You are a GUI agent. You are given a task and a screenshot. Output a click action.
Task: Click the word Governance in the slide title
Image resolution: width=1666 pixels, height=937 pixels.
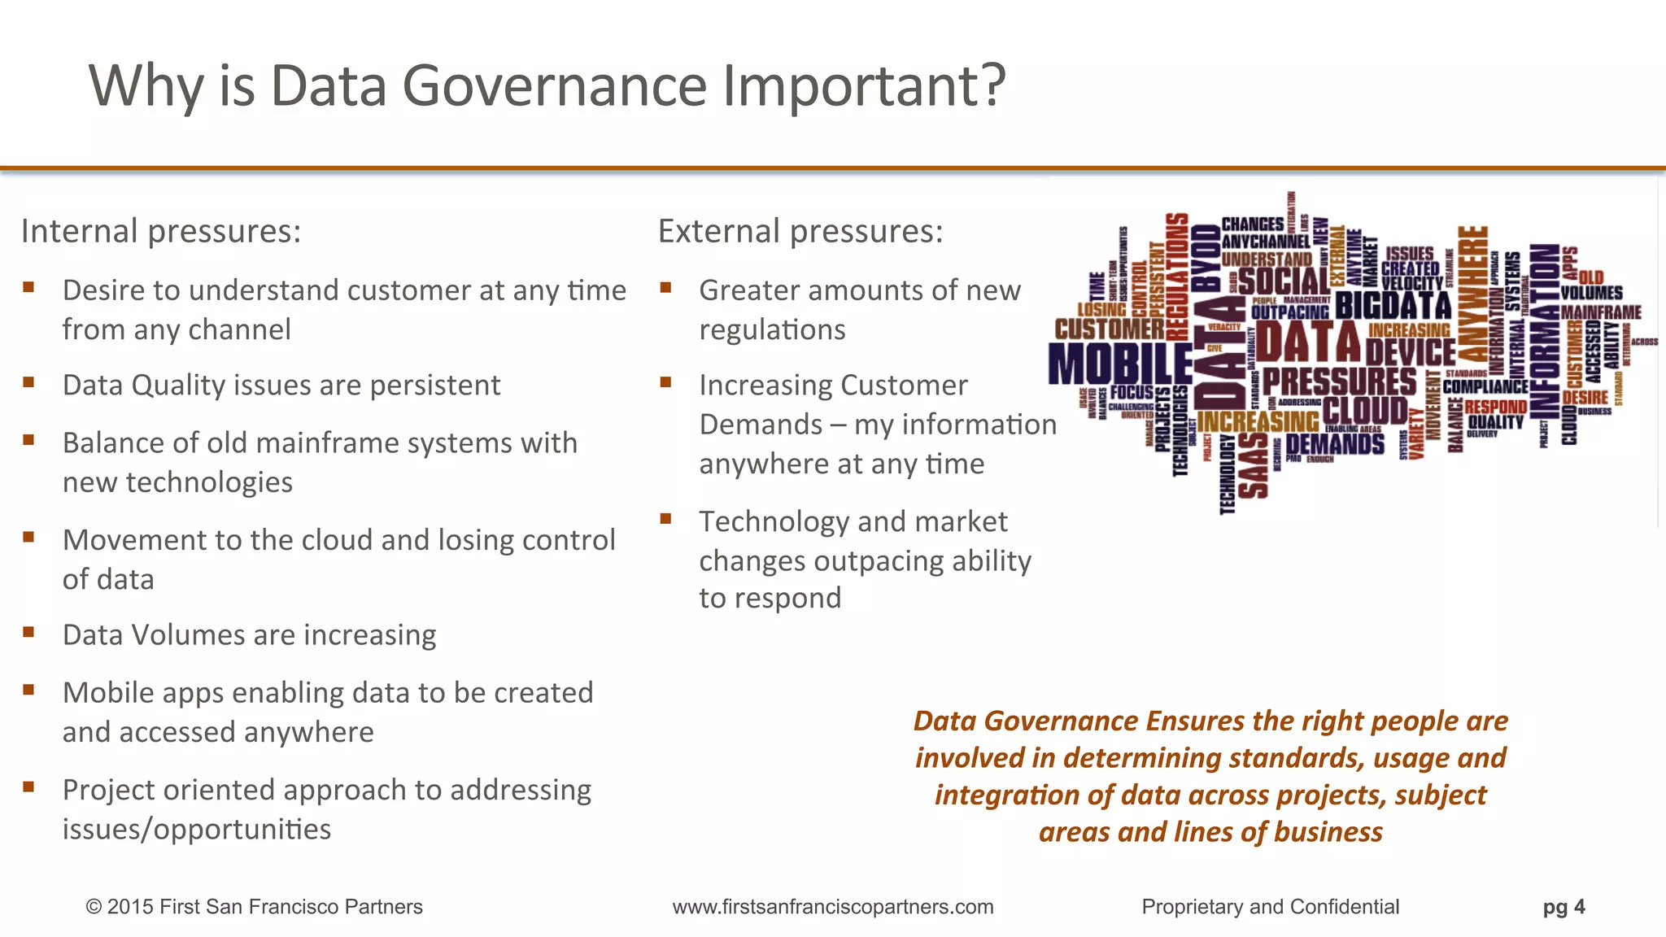coord(554,85)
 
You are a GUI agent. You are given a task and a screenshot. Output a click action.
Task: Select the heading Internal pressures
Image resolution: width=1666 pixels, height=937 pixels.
coord(161,232)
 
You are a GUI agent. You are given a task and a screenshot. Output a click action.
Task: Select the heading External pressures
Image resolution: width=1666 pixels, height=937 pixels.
coord(800,232)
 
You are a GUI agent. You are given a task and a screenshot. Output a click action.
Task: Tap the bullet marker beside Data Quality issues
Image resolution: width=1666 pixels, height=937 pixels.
coord(29,382)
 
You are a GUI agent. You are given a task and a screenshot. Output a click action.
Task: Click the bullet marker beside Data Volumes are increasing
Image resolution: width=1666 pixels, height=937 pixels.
coord(29,632)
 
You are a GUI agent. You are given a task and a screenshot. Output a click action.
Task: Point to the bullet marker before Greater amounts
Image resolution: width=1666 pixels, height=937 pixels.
coord(665,287)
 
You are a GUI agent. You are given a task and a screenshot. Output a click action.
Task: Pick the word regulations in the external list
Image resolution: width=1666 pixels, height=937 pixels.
coord(772,330)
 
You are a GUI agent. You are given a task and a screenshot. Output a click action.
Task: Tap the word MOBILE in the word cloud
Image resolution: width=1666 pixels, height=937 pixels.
coord(1119,364)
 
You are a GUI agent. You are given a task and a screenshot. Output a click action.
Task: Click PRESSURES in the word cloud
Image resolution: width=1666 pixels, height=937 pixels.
coord(1339,381)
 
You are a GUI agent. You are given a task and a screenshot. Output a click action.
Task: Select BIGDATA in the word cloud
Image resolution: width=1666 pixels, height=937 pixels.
coord(1393,306)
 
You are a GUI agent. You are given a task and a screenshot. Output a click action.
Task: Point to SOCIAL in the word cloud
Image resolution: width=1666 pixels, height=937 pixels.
coord(1284,281)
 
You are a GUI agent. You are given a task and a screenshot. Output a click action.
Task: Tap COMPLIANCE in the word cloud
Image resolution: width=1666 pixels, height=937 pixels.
coord(1485,386)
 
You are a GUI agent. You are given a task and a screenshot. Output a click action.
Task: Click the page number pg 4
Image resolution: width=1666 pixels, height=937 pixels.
coord(1564,907)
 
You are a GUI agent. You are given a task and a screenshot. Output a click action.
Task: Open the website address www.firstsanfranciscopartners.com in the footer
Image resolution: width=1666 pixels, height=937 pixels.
coord(833,907)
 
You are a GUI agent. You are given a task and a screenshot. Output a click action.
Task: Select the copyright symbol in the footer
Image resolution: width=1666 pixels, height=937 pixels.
coord(94,907)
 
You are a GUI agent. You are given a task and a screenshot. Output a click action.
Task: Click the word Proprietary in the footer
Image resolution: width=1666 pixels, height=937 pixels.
coord(1192,907)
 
